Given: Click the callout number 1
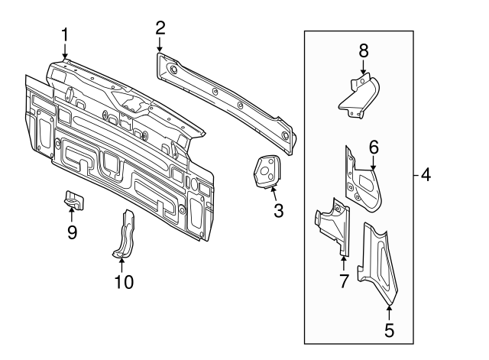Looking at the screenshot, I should click(65, 34).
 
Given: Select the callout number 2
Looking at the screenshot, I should click(160, 28).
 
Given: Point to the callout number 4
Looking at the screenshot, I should click(425, 175).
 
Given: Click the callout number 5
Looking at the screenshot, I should click(389, 330).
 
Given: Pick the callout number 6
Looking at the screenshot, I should click(374, 147).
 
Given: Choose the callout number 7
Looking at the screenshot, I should click(344, 281).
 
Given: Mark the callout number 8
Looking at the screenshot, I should click(364, 51).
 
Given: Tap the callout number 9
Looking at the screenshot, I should click(72, 232).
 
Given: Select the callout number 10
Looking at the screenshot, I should click(124, 282).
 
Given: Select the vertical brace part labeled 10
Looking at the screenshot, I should click(124, 234).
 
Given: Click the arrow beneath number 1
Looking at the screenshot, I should click(65, 50).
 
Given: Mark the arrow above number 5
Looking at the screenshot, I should click(389, 311).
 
